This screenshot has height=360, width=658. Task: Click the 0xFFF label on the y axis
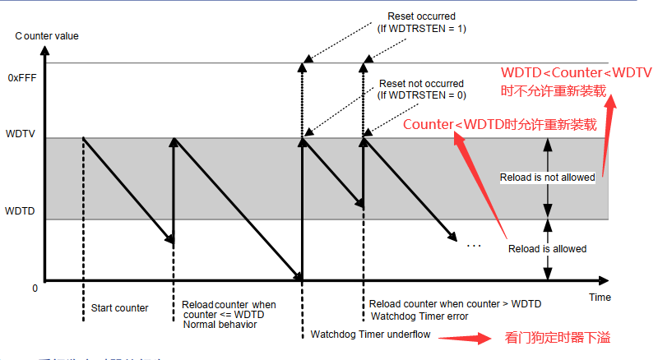tap(23, 78)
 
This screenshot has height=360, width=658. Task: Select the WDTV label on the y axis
tap(21, 133)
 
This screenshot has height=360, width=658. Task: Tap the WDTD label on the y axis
tap(21, 211)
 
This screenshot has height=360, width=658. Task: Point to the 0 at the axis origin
tap(35, 288)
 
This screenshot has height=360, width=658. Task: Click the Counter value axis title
tap(49, 35)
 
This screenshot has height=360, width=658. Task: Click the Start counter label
tap(119, 308)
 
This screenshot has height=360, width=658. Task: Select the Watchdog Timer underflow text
tap(371, 335)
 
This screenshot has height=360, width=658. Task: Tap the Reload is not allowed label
tap(548, 178)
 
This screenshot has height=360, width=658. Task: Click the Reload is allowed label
tap(548, 248)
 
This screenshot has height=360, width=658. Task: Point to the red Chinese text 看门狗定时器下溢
tap(558, 338)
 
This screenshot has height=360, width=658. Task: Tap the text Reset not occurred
tap(420, 84)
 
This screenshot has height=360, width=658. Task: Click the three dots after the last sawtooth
tap(473, 245)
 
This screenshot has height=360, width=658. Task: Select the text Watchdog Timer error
tap(419, 316)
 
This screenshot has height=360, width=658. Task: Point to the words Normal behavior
tap(220, 325)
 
